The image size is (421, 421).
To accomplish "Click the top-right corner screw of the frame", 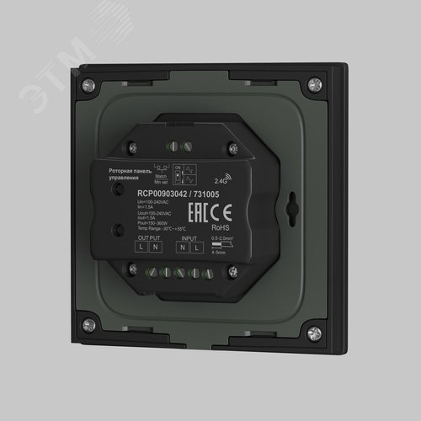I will pyautogui.click(x=312, y=83).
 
